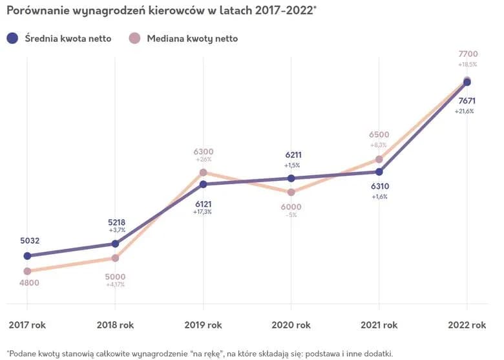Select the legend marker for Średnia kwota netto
point(12,38)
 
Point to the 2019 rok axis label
point(204,324)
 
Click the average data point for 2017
point(27,256)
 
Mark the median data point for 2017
point(27,271)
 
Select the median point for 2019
point(203,173)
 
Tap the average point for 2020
point(291,178)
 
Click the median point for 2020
point(291,192)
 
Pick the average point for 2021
point(379,172)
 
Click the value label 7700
point(467,54)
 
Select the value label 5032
point(30,241)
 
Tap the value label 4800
point(30,282)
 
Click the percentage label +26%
point(203,159)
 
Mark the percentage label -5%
point(291,215)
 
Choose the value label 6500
point(379,134)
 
